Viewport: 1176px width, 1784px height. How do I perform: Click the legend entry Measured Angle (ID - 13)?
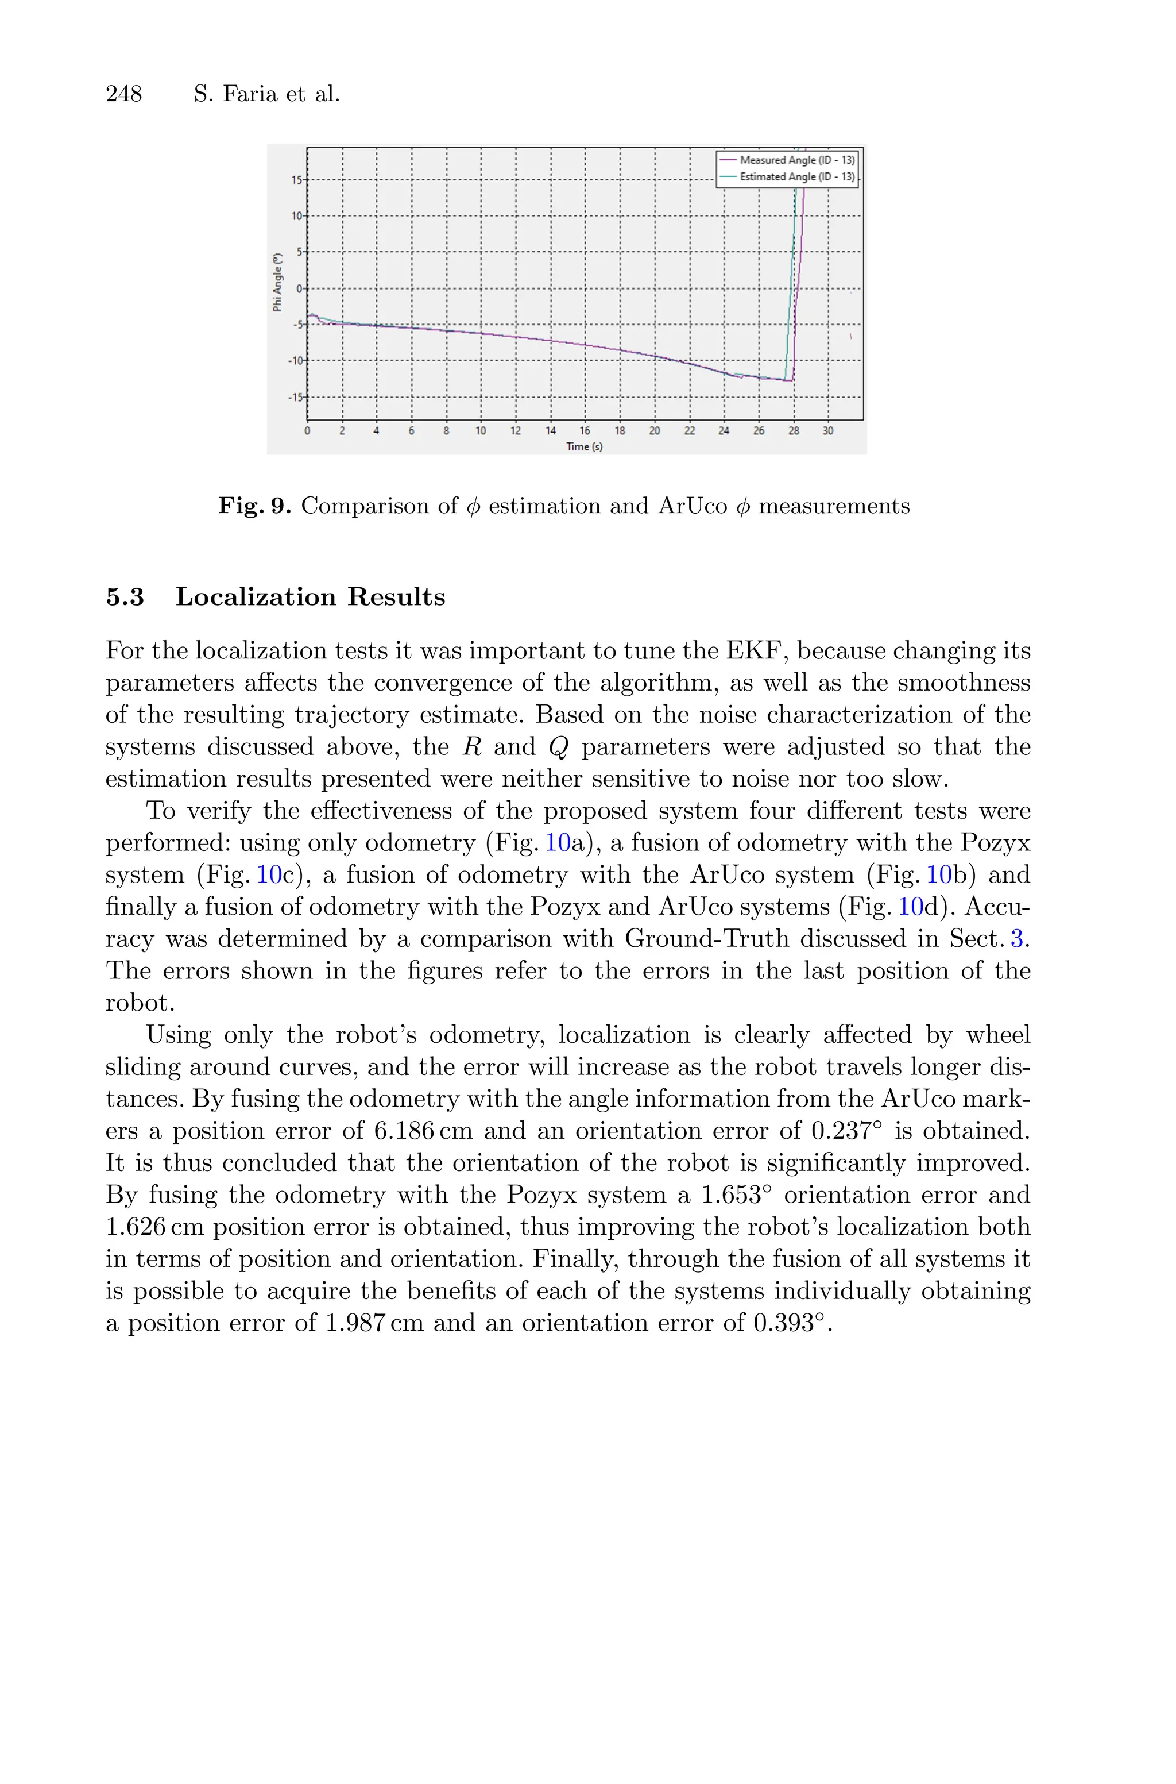coord(796,160)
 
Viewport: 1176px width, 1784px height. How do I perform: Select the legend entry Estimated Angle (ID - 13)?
coord(796,177)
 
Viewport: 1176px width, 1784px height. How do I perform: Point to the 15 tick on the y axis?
coord(297,180)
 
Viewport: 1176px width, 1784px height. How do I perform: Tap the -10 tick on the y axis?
coord(296,361)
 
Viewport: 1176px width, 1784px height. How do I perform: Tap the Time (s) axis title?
coord(584,447)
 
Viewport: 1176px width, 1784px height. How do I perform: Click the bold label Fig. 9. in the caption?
coord(254,506)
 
